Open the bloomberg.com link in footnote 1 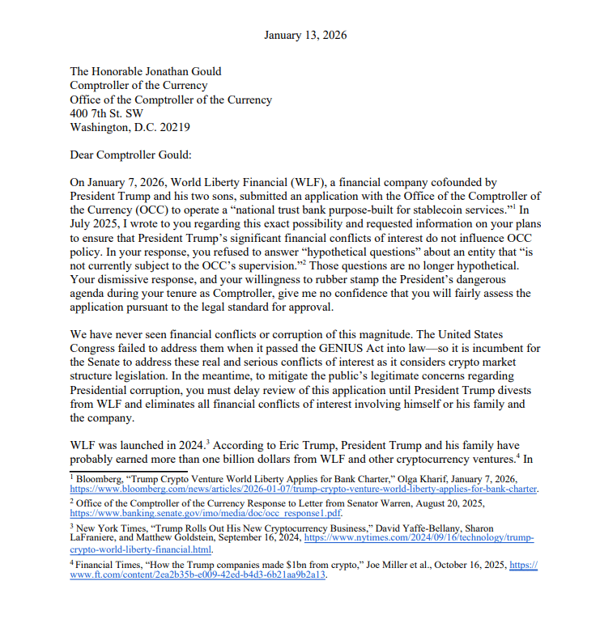[x=304, y=490]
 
